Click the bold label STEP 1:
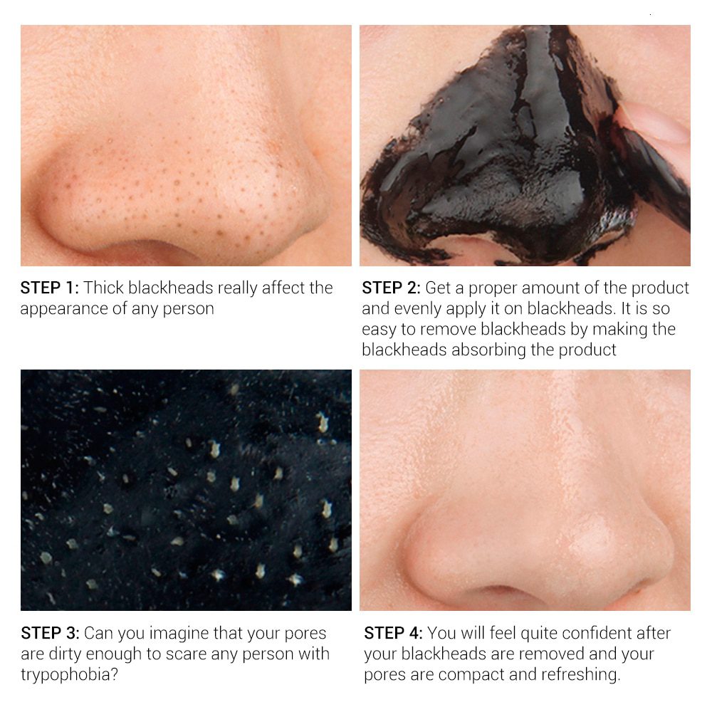(x=50, y=288)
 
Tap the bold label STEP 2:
(x=391, y=288)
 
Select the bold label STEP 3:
(x=50, y=632)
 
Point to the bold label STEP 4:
(x=393, y=632)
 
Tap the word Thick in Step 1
(x=103, y=288)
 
